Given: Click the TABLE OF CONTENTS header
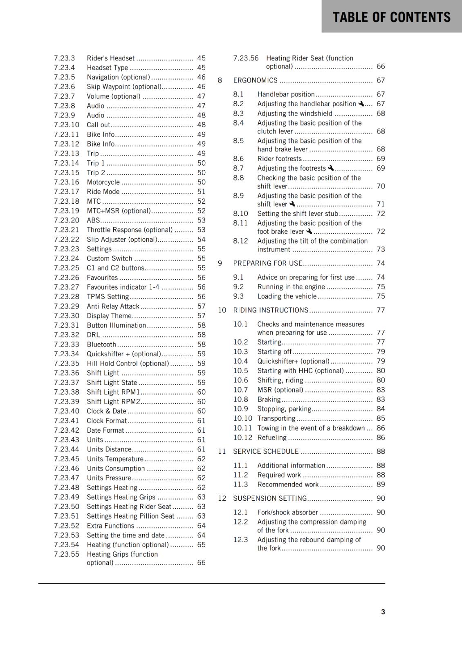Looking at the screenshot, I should coord(391,17).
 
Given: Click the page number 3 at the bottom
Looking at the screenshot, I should coord(383,612).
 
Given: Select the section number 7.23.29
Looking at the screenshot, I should coord(67,306).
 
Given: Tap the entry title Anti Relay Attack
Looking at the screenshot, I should coord(113,306).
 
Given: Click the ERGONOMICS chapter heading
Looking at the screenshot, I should coord(255,80).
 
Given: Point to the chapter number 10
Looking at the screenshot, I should coord(222,310).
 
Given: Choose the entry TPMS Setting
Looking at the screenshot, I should coord(108,297).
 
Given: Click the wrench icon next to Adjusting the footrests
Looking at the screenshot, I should coord(331,168).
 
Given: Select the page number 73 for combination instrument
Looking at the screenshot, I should coord(381,249).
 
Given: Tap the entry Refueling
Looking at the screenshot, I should coord(272,438).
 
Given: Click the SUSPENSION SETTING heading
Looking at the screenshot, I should coord(270,498).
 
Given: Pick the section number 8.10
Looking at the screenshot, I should coord(240,213).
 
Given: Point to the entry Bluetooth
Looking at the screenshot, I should coord(101,344).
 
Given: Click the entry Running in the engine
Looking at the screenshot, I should coord(291,287).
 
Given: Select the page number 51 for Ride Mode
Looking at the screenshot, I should coord(201,192).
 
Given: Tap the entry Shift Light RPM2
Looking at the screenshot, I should coord(113,402).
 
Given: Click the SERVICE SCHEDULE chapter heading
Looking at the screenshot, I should coord(266,451).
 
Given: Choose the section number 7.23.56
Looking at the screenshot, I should coord(246,58).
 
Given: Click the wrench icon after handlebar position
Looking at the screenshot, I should coord(361,104).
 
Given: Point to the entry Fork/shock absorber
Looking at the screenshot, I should coord(287,512).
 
